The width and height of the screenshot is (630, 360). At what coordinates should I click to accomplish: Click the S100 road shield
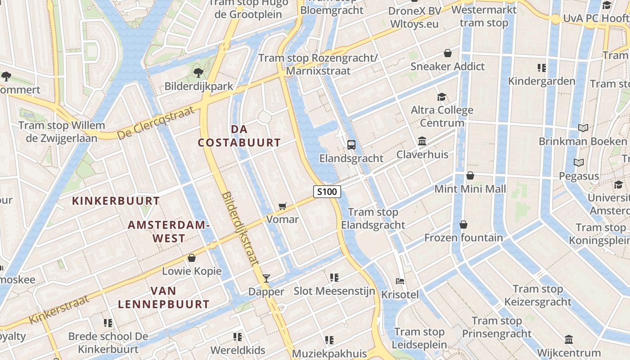(327, 192)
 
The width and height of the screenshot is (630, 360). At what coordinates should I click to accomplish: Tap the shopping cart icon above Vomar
(282, 206)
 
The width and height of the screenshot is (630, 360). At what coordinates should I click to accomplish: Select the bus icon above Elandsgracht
(351, 145)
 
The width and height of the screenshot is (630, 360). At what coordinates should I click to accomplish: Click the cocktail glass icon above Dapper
(266, 279)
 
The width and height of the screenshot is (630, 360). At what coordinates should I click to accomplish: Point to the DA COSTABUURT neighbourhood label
(239, 136)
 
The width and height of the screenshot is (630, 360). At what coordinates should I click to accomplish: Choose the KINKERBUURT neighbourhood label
(116, 201)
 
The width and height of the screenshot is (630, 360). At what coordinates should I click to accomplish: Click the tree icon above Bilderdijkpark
(198, 72)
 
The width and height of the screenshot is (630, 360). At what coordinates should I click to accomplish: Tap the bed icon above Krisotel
(400, 281)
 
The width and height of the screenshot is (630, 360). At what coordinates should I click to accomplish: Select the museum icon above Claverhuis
(422, 141)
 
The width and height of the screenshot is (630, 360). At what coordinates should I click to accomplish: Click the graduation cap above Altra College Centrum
(441, 97)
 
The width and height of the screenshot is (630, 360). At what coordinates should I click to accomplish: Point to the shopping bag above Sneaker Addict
(448, 53)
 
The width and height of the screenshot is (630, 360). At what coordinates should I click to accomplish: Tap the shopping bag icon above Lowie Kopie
(192, 258)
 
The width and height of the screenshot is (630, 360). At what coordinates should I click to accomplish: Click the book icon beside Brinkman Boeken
(583, 128)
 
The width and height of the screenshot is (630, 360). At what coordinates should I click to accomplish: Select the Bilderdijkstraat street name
(241, 229)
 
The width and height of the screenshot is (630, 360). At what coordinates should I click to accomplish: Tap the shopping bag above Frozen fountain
(463, 224)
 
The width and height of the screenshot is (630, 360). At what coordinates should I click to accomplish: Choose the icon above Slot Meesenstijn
(334, 278)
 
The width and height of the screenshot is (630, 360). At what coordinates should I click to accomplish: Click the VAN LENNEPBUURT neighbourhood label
(164, 297)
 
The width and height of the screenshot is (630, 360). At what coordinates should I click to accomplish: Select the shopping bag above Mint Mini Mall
(470, 175)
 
